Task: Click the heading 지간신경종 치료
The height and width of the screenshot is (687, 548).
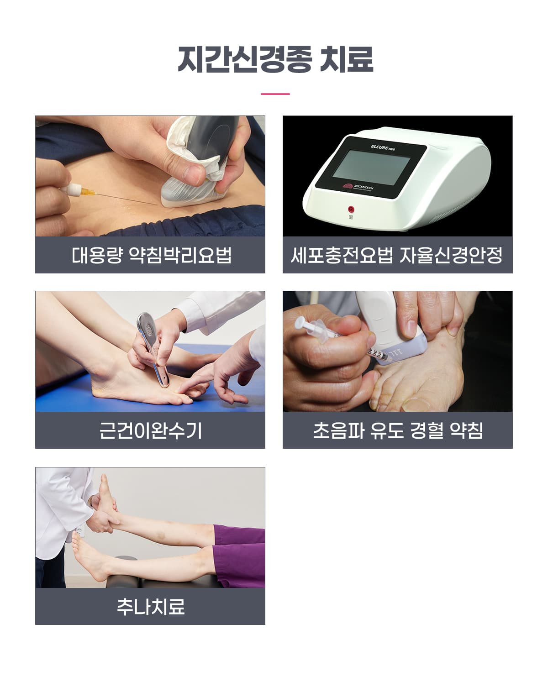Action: click(x=275, y=59)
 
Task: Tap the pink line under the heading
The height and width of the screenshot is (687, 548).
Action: click(x=275, y=94)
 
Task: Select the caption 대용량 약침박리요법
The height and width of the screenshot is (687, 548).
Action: click(x=151, y=255)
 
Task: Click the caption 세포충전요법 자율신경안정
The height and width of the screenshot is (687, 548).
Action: click(x=397, y=255)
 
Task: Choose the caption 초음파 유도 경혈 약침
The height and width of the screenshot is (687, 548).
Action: click(x=398, y=430)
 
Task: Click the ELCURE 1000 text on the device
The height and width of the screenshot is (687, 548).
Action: click(x=383, y=147)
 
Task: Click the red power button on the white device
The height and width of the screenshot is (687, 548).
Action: click(x=351, y=210)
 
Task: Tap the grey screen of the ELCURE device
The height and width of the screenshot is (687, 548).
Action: click(x=371, y=168)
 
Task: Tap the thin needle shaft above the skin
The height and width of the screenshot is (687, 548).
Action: click(x=126, y=199)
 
